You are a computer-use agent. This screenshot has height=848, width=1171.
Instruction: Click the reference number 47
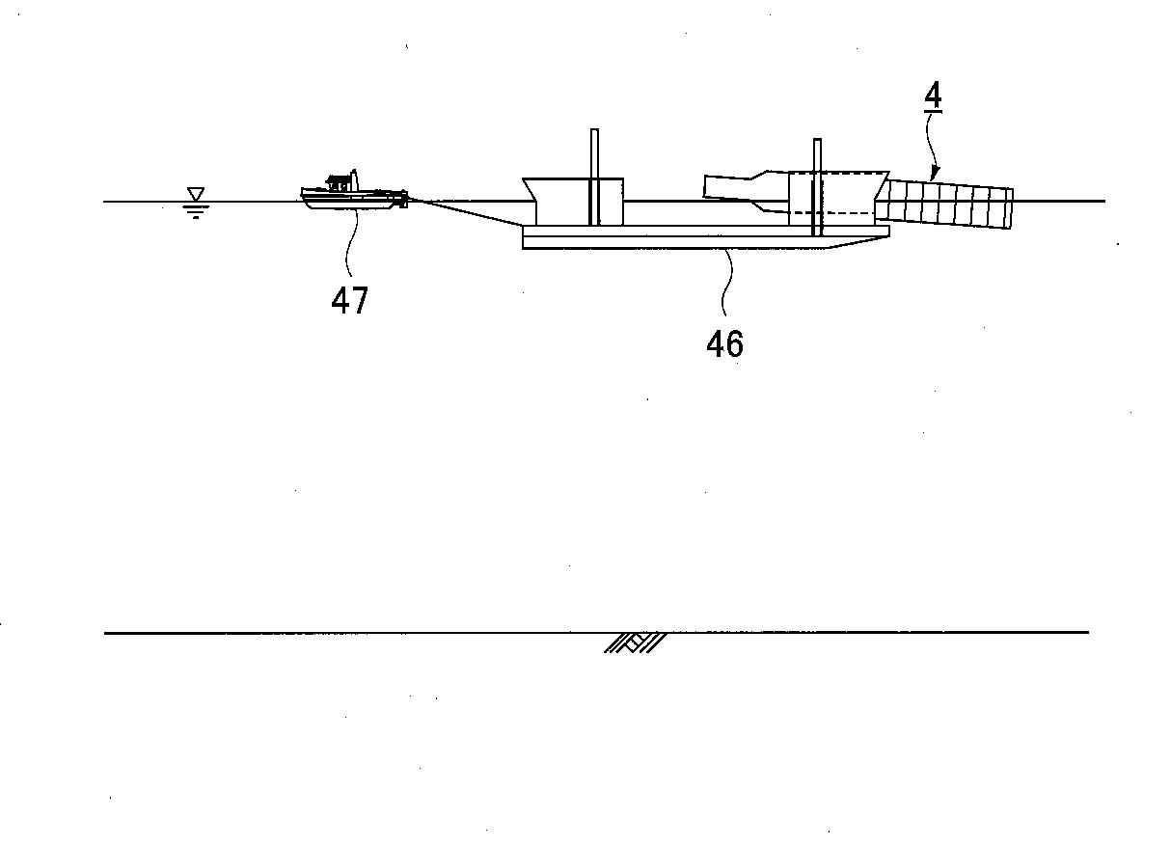(350, 301)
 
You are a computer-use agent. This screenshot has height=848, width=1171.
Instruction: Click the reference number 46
(724, 344)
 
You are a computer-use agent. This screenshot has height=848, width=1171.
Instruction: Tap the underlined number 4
(933, 95)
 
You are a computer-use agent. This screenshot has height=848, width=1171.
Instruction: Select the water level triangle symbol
(196, 194)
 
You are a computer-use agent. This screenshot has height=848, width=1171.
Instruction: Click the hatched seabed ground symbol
(635, 643)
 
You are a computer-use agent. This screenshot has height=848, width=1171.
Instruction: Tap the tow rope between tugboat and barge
(465, 211)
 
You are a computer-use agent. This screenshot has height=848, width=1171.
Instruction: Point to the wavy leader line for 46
(727, 283)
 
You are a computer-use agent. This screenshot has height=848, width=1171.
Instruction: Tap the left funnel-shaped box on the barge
(573, 202)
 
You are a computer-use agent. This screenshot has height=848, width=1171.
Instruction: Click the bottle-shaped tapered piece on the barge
(746, 191)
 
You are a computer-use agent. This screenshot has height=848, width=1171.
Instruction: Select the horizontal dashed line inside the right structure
(832, 212)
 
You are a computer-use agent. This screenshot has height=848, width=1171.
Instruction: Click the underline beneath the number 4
(933, 111)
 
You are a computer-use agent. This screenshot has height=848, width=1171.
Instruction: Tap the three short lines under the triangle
(196, 211)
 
